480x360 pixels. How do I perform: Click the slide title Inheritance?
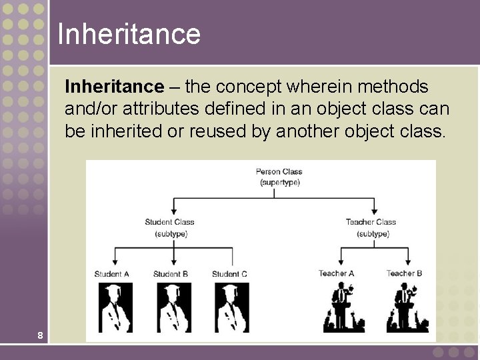[129, 33]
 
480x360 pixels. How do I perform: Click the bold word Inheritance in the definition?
[114, 87]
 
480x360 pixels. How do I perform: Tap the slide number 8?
[41, 335]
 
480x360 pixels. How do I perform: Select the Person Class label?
[279, 172]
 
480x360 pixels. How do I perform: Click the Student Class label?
[169, 222]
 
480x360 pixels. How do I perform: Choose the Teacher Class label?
[371, 222]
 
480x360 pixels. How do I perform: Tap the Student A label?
[112, 274]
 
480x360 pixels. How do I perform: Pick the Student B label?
[171, 274]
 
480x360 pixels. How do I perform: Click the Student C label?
[229, 274]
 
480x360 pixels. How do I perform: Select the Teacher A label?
[337, 273]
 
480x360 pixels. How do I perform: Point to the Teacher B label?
[405, 273]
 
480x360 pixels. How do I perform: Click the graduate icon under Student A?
[115, 307]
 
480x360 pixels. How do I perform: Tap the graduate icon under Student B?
[173, 307]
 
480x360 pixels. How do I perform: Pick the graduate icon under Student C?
[232, 307]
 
